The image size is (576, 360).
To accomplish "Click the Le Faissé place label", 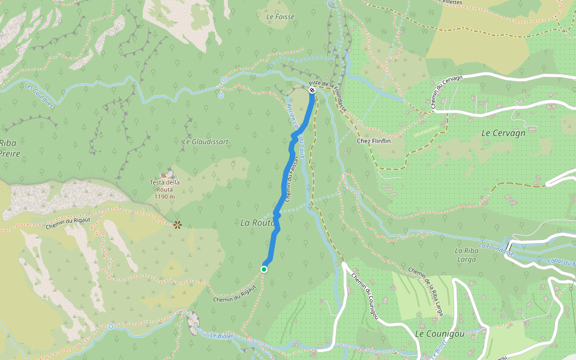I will [x=280, y=17].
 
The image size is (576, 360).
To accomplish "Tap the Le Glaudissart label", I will [x=205, y=142].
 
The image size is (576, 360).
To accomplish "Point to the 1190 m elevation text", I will [x=164, y=197].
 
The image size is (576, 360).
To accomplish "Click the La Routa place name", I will [x=257, y=223].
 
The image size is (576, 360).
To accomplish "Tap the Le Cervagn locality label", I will [x=503, y=133].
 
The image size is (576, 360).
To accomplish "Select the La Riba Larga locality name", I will [x=466, y=255].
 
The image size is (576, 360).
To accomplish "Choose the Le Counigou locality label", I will [x=439, y=333].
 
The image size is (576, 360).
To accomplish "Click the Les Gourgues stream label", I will [x=40, y=95].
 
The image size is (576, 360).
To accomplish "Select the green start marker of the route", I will [x=263, y=269].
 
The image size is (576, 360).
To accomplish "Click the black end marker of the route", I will [x=312, y=90].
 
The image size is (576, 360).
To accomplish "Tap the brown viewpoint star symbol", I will [x=177, y=225].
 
